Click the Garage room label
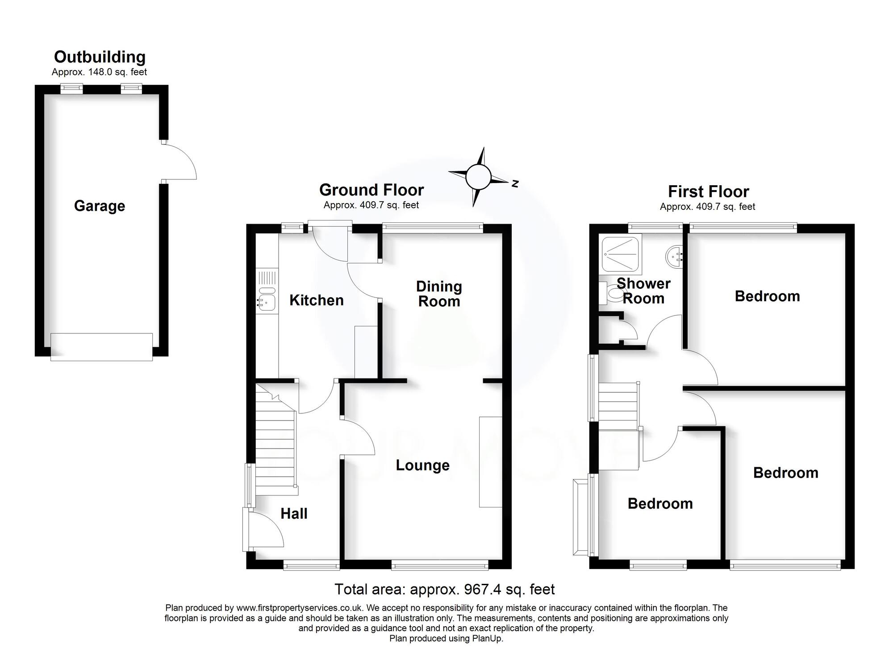coord(99,206)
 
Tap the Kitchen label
coord(316,300)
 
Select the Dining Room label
coord(438,294)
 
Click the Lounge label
coord(422,465)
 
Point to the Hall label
coord(294,513)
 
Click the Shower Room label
coord(643,291)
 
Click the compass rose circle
coord(478,177)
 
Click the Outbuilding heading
coord(100,57)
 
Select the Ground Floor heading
coord(371,190)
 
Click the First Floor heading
coord(708,191)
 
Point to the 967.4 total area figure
coord(483,589)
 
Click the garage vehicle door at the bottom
coord(101,347)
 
